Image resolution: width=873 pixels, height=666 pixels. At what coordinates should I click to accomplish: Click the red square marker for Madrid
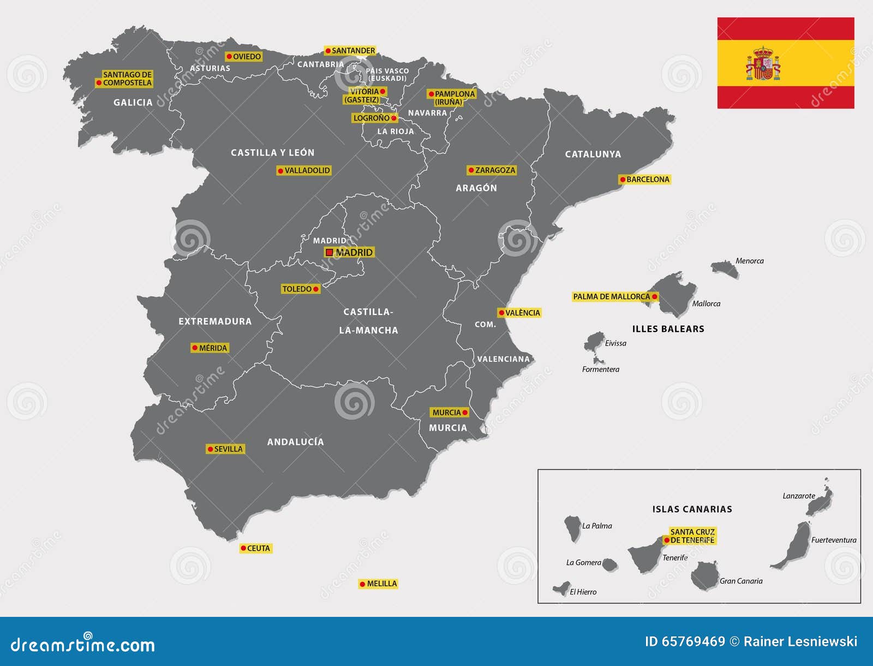point(329,252)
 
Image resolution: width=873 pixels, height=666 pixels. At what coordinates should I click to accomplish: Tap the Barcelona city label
point(648,179)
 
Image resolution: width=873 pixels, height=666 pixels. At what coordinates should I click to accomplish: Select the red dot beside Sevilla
point(210,449)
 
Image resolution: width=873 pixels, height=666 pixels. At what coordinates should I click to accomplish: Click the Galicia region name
point(133,103)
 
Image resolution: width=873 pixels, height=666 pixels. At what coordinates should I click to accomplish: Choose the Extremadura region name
point(215,322)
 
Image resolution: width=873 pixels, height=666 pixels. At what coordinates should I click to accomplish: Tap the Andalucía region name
point(295,442)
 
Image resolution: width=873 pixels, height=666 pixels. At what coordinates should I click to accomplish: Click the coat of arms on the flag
point(763,64)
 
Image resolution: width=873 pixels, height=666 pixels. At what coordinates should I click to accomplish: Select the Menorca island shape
point(725,268)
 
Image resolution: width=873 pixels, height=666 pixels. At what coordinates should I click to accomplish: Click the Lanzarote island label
point(799,496)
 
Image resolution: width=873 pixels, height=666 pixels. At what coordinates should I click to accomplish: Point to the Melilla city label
point(381,584)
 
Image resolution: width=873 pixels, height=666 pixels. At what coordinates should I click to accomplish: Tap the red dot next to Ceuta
point(243,549)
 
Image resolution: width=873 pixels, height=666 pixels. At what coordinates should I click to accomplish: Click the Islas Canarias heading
point(692,509)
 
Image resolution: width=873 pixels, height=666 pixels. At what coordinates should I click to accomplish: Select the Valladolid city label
point(307,170)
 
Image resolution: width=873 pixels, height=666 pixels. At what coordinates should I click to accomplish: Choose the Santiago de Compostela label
point(127,79)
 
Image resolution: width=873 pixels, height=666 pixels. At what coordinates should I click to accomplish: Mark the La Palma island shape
point(572,528)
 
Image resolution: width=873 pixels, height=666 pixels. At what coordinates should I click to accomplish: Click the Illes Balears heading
point(668,329)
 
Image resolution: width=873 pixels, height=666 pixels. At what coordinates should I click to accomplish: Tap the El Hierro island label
point(583,592)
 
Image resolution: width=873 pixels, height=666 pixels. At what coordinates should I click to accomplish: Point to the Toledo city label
point(297,289)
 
